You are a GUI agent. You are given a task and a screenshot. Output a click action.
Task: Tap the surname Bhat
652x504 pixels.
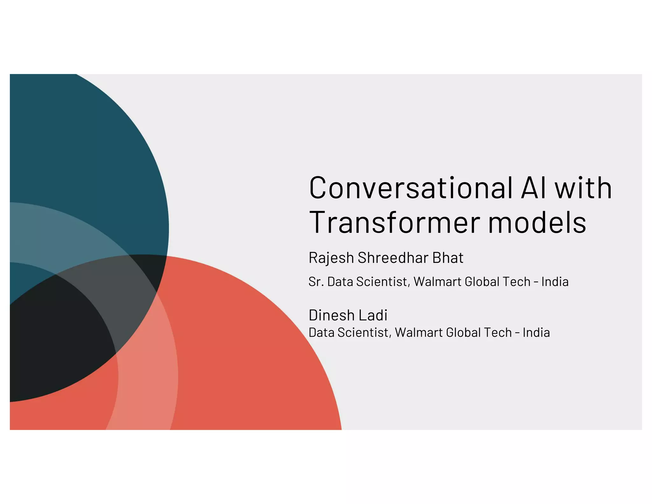(x=448, y=258)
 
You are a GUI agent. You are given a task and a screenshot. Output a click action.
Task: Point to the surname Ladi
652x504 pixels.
(x=373, y=315)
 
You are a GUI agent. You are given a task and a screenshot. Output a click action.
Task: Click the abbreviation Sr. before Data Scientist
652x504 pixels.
(x=316, y=282)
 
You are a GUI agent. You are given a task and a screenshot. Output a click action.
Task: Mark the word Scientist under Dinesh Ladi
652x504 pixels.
(x=364, y=333)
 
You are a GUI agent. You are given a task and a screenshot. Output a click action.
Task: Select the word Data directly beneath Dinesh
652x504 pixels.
(x=322, y=333)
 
